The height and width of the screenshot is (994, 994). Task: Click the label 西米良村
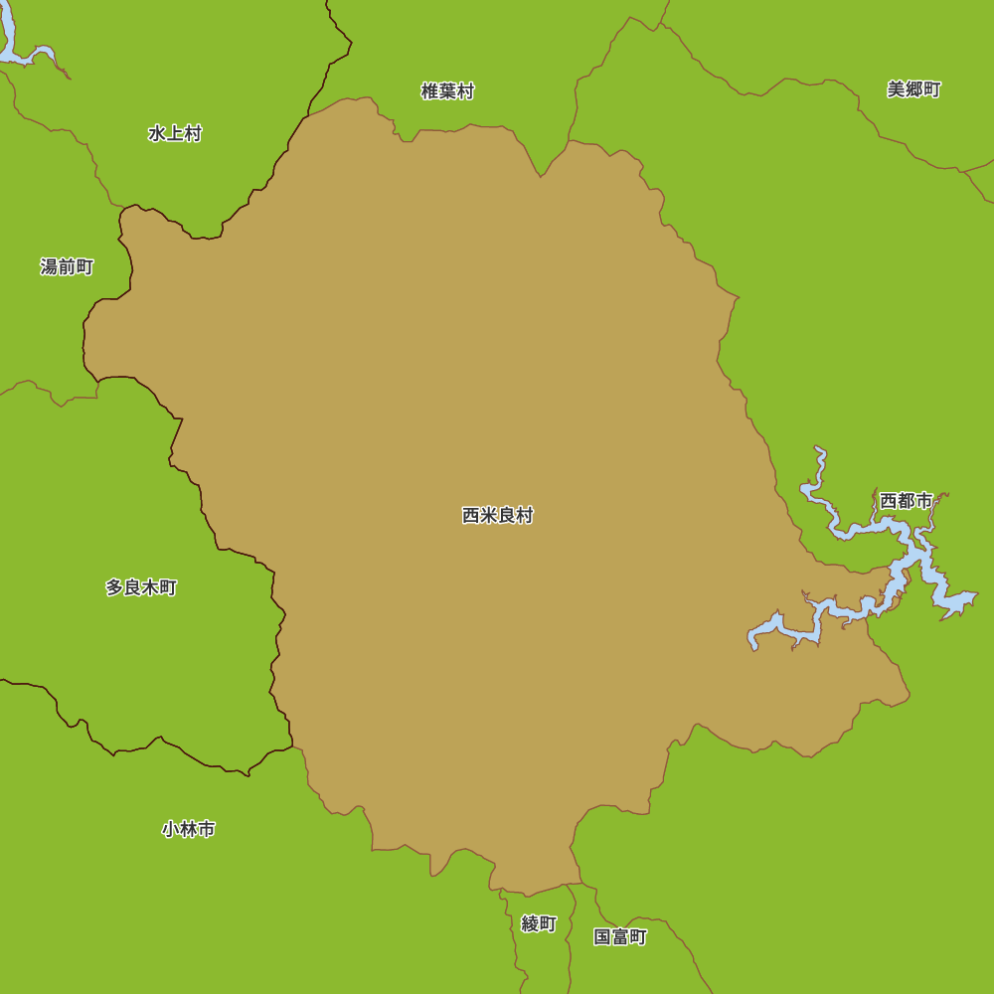pyautogui.click(x=497, y=516)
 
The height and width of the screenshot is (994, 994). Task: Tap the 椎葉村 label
pyautogui.click(x=447, y=91)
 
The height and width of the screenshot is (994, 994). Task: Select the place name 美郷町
pyautogui.click(x=913, y=89)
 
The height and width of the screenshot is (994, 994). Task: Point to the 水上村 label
pyautogui.click(x=175, y=133)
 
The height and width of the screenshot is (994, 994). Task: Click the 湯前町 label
pyautogui.click(x=67, y=266)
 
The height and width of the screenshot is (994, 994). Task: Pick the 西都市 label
pyautogui.click(x=906, y=501)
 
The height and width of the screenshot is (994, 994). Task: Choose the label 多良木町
pyautogui.click(x=141, y=587)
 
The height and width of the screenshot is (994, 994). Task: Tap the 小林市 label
pyautogui.click(x=188, y=829)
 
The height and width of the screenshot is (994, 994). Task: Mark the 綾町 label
pyautogui.click(x=539, y=923)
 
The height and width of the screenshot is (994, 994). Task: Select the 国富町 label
pyautogui.click(x=620, y=936)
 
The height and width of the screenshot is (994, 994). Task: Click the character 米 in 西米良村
pyautogui.click(x=488, y=516)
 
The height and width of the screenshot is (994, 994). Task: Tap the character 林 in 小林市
pyautogui.click(x=188, y=829)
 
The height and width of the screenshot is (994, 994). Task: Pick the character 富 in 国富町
pyautogui.click(x=620, y=936)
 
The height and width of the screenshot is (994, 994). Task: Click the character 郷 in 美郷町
pyautogui.click(x=913, y=89)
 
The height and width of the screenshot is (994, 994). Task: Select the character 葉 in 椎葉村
pyautogui.click(x=447, y=91)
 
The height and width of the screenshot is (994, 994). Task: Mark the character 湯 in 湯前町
pyautogui.click(x=49, y=266)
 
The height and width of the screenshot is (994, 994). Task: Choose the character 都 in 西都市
pyautogui.click(x=906, y=501)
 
